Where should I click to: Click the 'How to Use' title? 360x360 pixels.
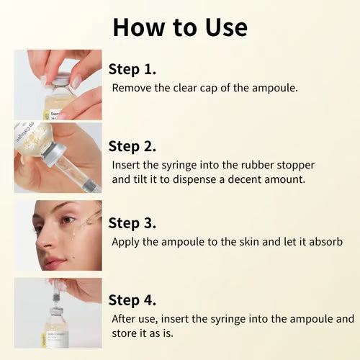point(180,27)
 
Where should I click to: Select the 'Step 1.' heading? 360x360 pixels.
point(132,69)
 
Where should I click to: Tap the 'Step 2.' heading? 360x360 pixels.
point(132,146)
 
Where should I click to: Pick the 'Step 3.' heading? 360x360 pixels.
point(132,223)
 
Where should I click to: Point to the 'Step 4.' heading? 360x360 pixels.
point(132,300)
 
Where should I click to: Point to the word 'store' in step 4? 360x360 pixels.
point(125,333)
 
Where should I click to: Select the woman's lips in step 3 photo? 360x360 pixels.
point(50,264)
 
